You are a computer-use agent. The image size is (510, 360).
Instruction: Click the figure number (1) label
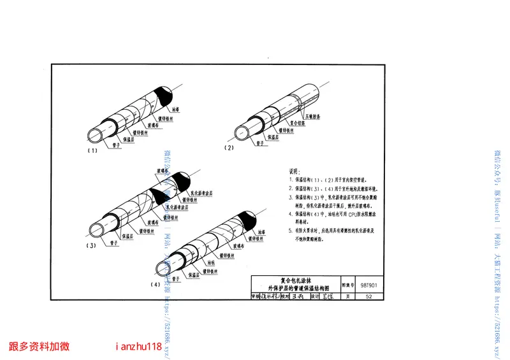click(x=92, y=151)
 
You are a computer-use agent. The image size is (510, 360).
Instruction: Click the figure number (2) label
click(x=229, y=147)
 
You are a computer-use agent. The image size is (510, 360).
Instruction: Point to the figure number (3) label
click(x=92, y=245)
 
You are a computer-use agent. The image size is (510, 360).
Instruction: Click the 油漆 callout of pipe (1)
click(x=175, y=110)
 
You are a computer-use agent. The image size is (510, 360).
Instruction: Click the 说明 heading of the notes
click(x=293, y=172)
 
